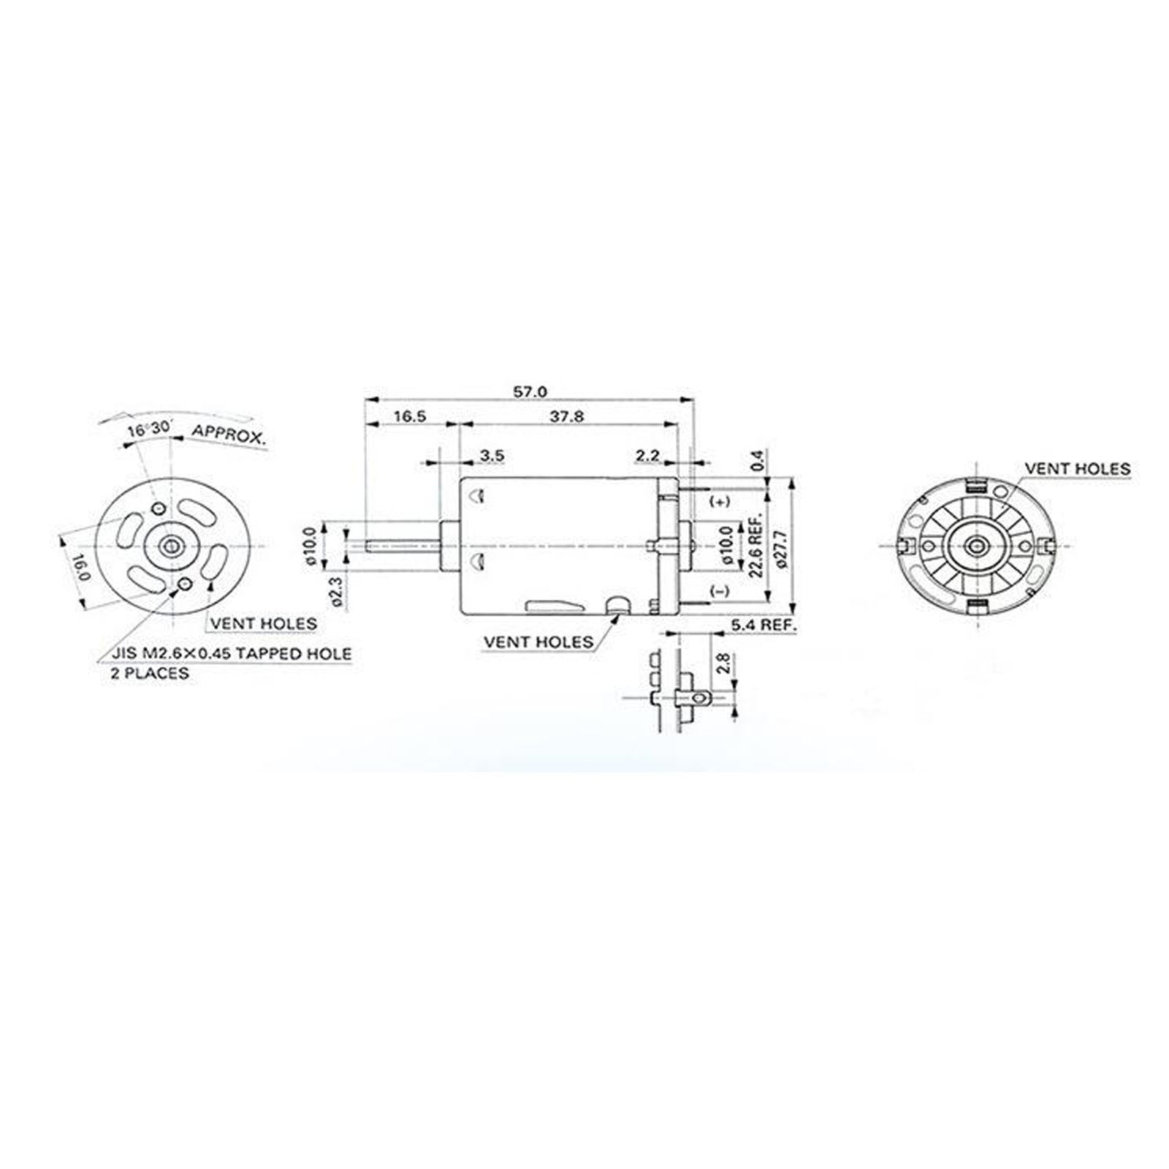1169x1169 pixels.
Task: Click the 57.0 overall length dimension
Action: tap(530, 392)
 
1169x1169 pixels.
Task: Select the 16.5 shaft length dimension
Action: tap(410, 416)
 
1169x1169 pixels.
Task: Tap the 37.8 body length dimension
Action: tap(567, 416)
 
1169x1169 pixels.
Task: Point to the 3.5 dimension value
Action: tap(492, 456)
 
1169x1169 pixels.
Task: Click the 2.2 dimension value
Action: tap(647, 456)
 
